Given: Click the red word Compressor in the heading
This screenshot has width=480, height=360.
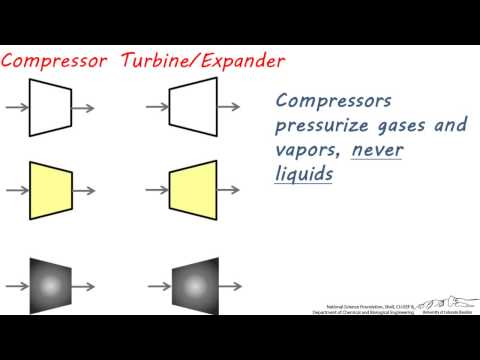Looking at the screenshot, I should coord(55,60).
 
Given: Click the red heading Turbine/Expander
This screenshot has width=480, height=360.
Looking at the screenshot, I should coord(203,60).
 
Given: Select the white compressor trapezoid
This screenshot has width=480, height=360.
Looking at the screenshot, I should coord(51,107).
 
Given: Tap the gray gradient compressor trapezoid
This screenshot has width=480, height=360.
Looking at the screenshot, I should coord(51,284).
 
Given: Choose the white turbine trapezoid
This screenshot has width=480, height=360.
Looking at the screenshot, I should coord(193,107).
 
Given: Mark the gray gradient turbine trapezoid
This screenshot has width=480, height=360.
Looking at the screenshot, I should coord(193,284).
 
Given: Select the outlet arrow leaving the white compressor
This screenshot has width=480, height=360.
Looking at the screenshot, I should coord(84,107).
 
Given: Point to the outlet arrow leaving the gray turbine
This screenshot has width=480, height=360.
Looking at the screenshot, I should coord(230,284).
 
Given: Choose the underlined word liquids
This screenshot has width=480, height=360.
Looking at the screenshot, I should coord(303,173).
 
